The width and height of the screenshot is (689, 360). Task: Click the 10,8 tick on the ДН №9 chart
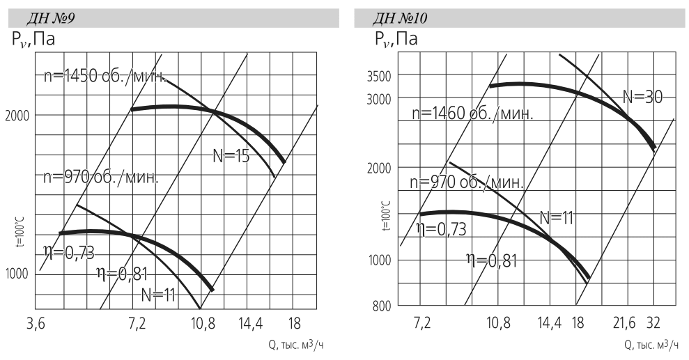pos(203,323)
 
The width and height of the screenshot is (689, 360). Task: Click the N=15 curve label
pos(231,157)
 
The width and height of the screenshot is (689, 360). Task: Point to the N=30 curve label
pos(642,97)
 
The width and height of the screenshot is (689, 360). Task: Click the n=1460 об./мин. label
pos(472,113)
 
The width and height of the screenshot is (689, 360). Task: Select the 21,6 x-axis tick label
pos(624,323)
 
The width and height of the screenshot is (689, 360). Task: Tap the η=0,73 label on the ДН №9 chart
pos(69,252)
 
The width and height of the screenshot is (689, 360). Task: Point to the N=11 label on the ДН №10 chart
pos(557,217)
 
